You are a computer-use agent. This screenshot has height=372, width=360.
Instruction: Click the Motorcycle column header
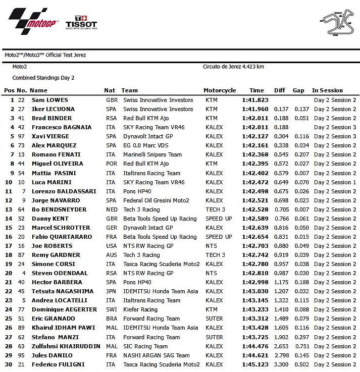click(x=220, y=90)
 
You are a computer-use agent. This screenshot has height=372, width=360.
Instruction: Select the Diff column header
click(x=280, y=90)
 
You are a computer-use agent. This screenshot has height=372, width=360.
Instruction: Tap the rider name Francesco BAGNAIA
click(x=60, y=127)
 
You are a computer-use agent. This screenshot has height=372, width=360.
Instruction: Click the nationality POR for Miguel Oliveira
click(x=112, y=164)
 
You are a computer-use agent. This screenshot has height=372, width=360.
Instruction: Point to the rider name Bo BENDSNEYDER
click(x=59, y=209)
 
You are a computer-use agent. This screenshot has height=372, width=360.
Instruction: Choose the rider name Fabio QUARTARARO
click(x=61, y=237)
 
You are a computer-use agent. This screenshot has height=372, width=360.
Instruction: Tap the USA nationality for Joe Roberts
click(x=112, y=246)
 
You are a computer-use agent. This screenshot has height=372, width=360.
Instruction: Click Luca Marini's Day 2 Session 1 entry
click(x=335, y=182)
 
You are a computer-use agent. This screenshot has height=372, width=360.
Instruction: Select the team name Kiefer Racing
click(x=140, y=309)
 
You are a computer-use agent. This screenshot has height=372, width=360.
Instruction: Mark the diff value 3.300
click(x=281, y=364)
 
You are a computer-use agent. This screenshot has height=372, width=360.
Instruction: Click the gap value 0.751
click(x=302, y=346)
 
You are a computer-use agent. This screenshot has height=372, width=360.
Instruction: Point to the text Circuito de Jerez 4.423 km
click(x=233, y=67)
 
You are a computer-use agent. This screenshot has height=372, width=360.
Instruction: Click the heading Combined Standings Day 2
click(x=43, y=78)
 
